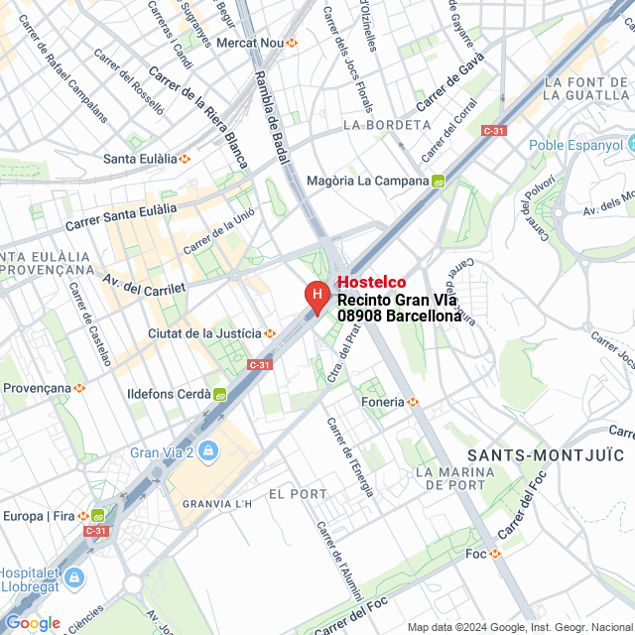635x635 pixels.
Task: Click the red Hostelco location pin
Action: (317, 296)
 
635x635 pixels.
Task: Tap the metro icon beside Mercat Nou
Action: (292, 43)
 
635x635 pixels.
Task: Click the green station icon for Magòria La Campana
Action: (438, 182)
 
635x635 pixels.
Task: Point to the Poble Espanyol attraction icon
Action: (628, 145)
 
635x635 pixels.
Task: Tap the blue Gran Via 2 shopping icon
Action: (207, 453)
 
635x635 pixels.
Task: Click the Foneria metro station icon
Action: (414, 402)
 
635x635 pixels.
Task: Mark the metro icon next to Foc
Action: (496, 554)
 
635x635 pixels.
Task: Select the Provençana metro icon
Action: (79, 388)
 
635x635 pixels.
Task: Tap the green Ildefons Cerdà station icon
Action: (220, 394)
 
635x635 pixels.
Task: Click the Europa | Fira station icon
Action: (98, 516)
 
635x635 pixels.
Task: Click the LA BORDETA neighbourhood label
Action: (387, 125)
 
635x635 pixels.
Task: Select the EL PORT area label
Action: (298, 493)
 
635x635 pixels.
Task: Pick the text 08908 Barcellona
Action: (399, 316)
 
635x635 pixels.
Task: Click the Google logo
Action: (32, 622)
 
